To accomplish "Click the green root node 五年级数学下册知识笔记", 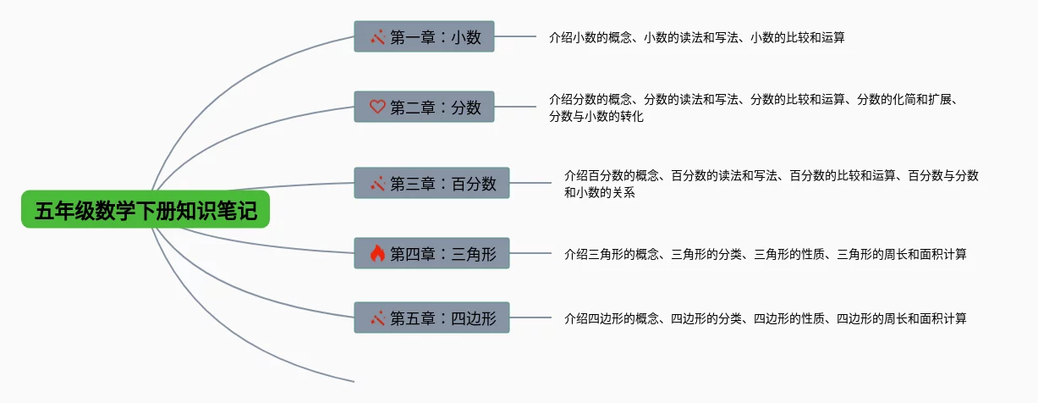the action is (x=146, y=209).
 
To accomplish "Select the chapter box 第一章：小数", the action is (x=424, y=36).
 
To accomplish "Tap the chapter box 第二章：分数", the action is (x=424, y=107).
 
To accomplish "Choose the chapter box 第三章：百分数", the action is (x=431, y=183).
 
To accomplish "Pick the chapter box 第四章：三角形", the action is (x=431, y=253).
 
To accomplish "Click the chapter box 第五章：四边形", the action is (x=431, y=317).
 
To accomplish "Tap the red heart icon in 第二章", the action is (x=377, y=107).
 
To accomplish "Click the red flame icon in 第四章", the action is (x=377, y=253).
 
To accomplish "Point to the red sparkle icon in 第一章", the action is (x=377, y=36).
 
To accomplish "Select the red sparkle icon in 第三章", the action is (x=377, y=183).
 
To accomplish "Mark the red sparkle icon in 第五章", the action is (x=377, y=318).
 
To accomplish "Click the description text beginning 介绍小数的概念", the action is (x=697, y=37).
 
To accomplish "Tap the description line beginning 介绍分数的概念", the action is (x=754, y=99).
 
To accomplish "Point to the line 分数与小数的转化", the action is (x=596, y=116).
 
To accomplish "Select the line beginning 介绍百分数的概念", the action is (x=771, y=175).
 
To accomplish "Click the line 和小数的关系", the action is (x=599, y=192).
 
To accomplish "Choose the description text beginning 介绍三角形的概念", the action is (x=765, y=254).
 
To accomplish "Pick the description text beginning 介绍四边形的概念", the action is (x=765, y=318).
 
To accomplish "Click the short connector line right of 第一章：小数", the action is (x=515, y=36).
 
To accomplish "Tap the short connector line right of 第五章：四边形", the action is (x=530, y=317).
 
